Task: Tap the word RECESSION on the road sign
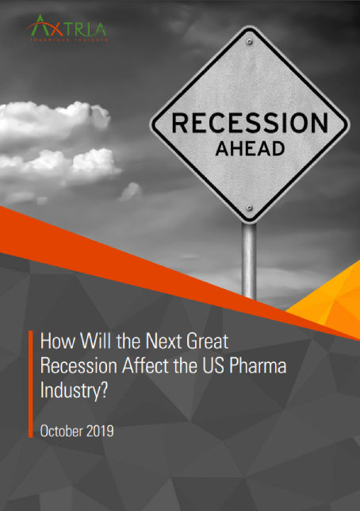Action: tap(249, 124)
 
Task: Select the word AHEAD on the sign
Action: tap(249, 148)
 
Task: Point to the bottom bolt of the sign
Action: tap(249, 208)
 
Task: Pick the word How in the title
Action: tap(54, 341)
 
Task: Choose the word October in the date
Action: tap(62, 431)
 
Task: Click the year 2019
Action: tap(100, 431)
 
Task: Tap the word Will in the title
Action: tap(85, 341)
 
